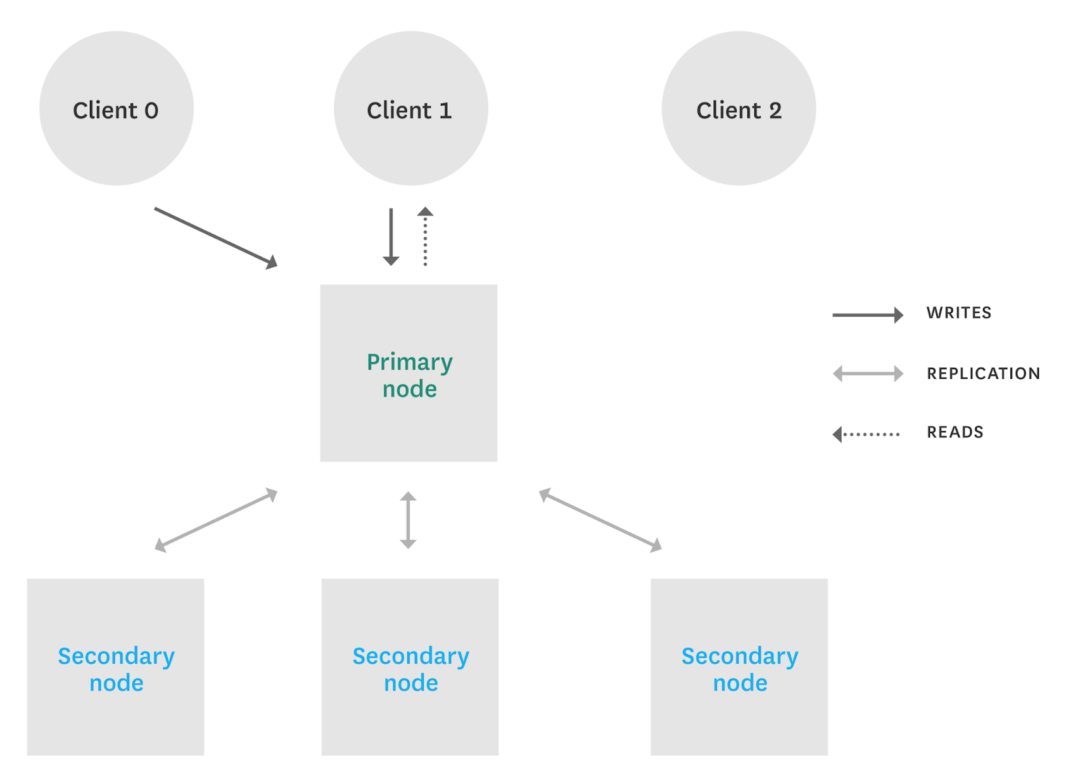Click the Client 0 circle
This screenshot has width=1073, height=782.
click(x=116, y=108)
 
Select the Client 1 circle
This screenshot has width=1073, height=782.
click(x=410, y=108)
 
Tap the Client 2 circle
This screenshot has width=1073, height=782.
click(x=739, y=108)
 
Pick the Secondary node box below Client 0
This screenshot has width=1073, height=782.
click(x=115, y=667)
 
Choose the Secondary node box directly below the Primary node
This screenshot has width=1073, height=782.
click(x=410, y=667)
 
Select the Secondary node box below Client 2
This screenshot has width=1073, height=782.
click(x=739, y=667)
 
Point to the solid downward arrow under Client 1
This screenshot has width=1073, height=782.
click(x=391, y=236)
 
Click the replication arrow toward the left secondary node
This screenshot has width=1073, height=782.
click(x=216, y=520)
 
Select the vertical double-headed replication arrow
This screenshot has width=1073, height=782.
click(x=408, y=520)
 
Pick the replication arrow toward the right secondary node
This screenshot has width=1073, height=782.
click(x=600, y=520)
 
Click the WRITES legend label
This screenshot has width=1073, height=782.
click(x=958, y=313)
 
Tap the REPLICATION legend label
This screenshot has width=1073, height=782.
click(x=983, y=374)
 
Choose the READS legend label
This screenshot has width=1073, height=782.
click(x=955, y=432)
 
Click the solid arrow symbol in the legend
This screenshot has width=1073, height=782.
click(x=867, y=315)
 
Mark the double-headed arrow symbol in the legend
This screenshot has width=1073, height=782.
click(x=867, y=374)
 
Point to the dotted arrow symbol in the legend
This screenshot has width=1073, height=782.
click(x=866, y=434)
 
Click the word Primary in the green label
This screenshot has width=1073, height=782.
click(x=409, y=362)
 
